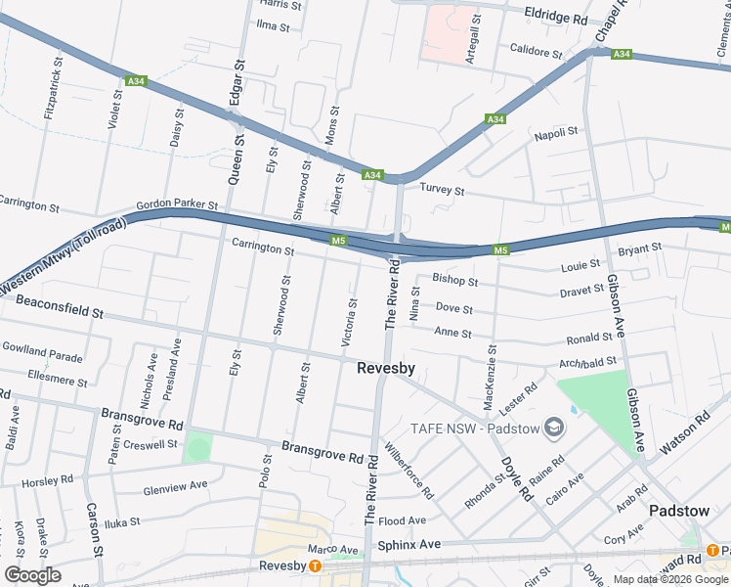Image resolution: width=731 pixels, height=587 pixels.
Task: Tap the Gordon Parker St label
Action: (177, 204)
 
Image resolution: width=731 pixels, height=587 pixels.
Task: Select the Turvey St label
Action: (442, 190)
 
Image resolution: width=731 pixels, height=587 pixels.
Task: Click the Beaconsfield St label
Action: (59, 312)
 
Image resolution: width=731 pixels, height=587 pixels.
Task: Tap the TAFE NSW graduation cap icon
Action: (555, 427)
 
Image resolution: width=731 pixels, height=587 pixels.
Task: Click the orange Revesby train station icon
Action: (316, 566)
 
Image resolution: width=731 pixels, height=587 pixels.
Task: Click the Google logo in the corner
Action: (31, 575)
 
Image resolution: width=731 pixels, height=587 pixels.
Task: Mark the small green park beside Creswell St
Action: (198, 449)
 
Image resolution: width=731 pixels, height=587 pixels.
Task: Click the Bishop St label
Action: (454, 281)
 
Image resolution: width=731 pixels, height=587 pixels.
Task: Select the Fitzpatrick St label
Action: (54, 88)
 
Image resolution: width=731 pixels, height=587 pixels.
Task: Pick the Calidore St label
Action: (537, 51)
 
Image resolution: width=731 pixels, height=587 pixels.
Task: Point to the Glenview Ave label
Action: (175, 485)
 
